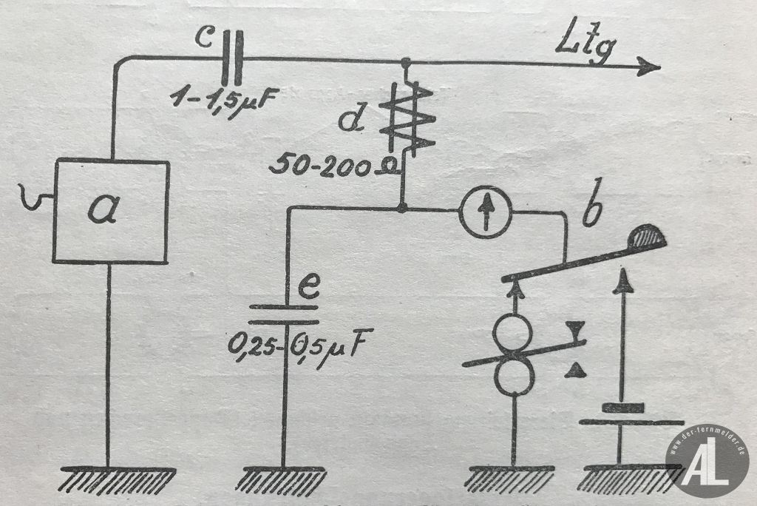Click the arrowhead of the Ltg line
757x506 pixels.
point(650,67)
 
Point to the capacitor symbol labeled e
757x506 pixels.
point(283,314)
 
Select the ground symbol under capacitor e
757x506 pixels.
point(282,478)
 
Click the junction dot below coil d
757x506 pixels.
point(401,209)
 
